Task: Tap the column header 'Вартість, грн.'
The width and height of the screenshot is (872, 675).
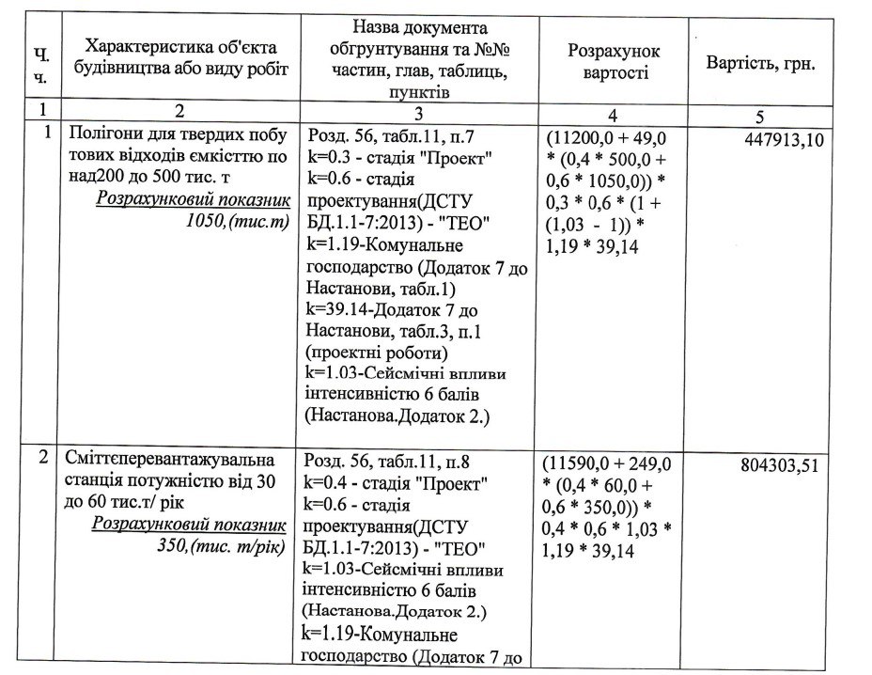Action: [760, 64]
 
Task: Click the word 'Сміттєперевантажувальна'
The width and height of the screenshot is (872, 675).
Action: [156, 461]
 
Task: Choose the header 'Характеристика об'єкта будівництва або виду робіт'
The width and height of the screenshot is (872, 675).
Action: [186, 57]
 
